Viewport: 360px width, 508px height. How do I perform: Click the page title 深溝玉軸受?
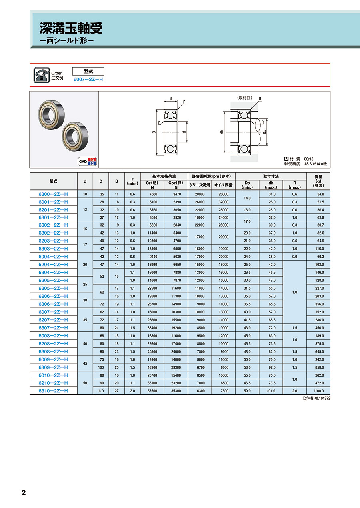[71, 28]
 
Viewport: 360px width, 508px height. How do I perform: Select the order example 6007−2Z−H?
[88, 79]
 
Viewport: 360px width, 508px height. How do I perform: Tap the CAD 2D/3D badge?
[88, 161]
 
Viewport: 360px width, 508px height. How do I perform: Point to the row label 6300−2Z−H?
[53, 194]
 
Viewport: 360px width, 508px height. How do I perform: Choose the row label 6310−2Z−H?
[53, 391]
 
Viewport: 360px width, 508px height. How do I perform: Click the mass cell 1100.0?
[318, 391]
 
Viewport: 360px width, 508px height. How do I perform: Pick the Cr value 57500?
[152, 391]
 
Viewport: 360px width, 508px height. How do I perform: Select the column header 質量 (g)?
[318, 181]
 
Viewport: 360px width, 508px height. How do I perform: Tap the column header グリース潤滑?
[200, 185]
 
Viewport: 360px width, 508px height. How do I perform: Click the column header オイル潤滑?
[223, 185]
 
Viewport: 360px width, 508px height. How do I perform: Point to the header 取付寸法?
[271, 176]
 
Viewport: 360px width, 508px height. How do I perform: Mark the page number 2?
[24, 492]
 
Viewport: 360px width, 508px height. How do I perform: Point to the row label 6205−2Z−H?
[53, 281]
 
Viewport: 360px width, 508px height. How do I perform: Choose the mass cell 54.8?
[318, 194]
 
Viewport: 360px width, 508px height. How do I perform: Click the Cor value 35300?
[176, 391]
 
